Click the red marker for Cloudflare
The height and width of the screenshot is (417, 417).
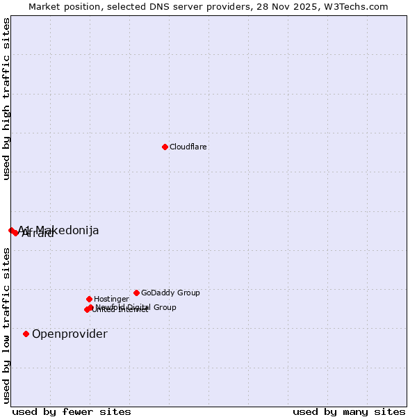pos(165,147)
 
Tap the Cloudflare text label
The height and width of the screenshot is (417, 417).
pos(188,147)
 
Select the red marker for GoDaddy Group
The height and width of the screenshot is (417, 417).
pos(136,293)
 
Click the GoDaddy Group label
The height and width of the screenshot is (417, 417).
pos(170,293)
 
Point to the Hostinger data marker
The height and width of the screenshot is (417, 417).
pos(89,299)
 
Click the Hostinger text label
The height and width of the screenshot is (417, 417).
pos(112,300)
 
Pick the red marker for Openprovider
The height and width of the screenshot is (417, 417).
pos(26,334)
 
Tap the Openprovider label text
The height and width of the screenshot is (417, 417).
pos(69,334)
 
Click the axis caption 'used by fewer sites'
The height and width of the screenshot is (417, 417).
pos(72,411)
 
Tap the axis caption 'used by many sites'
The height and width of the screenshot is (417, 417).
pos(349,411)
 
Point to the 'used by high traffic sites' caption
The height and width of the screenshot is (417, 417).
pos(7,99)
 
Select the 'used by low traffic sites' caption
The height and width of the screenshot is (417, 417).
pos(7,325)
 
